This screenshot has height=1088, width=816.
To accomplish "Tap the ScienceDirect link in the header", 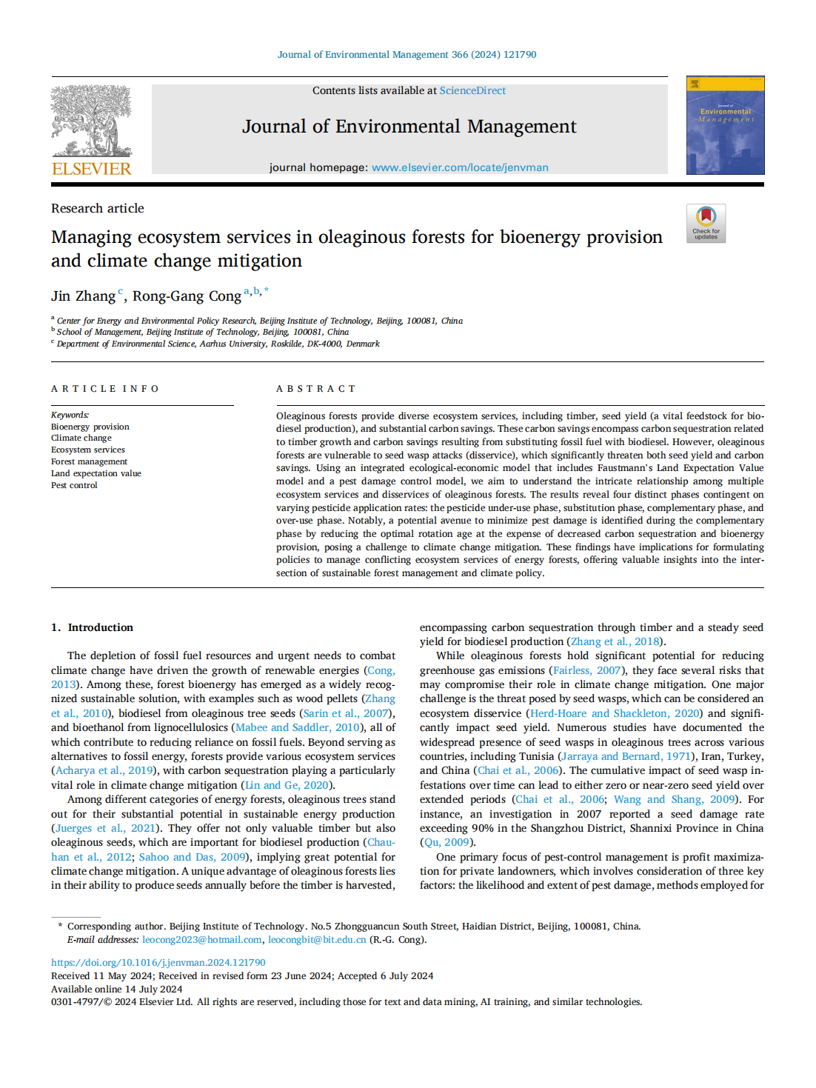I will coord(472,90).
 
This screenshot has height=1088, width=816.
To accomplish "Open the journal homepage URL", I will coord(460,167).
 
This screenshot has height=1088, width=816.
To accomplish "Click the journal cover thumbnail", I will coord(725,125).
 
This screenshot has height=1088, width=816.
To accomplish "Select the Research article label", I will coord(98,208).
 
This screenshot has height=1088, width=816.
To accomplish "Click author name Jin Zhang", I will coord(83,296).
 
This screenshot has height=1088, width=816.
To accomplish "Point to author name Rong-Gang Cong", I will coord(187,296).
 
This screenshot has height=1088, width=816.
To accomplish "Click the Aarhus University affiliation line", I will coord(218,344).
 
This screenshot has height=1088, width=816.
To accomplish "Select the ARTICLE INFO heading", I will coord(105,389).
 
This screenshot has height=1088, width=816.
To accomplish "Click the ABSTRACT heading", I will coord(316,389).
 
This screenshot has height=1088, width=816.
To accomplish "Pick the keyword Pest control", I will coord(74,485).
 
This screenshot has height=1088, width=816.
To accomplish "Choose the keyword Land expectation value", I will coord(96,473).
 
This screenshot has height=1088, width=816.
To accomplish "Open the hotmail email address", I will coord(201,940).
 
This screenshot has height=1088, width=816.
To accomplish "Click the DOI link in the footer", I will coord(158,963).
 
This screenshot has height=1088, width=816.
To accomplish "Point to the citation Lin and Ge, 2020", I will coord(287,785).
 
